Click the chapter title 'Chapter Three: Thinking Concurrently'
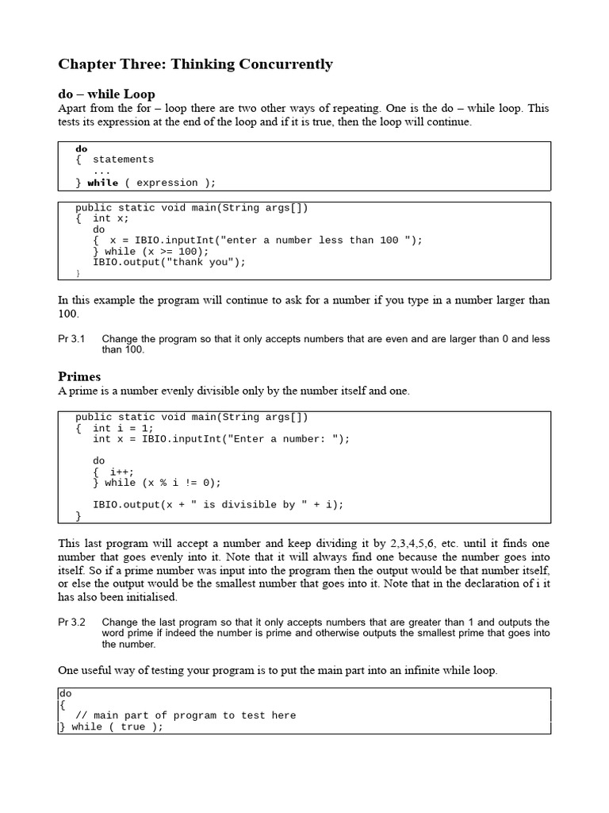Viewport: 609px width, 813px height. pyautogui.click(x=195, y=64)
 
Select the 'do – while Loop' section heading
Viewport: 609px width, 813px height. pyautogui.click(x=106, y=94)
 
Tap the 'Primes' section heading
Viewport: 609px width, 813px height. pyautogui.click(x=79, y=376)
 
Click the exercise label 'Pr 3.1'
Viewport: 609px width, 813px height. pyautogui.click(x=71, y=339)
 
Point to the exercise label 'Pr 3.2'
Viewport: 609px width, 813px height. pyautogui.click(x=71, y=622)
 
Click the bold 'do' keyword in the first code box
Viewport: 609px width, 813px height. pyautogui.click(x=82, y=148)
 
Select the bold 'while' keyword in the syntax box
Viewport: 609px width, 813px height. pyautogui.click(x=102, y=183)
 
